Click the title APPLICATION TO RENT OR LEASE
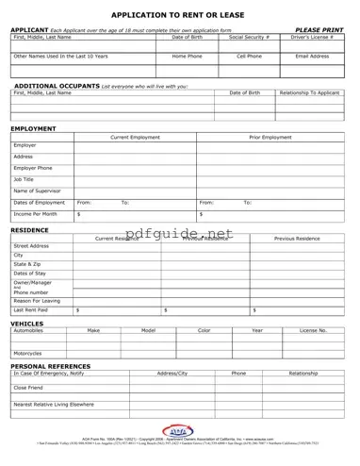click(179, 16)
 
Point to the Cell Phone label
click(249, 56)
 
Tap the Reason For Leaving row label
click(38, 299)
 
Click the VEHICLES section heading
click(28, 323)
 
